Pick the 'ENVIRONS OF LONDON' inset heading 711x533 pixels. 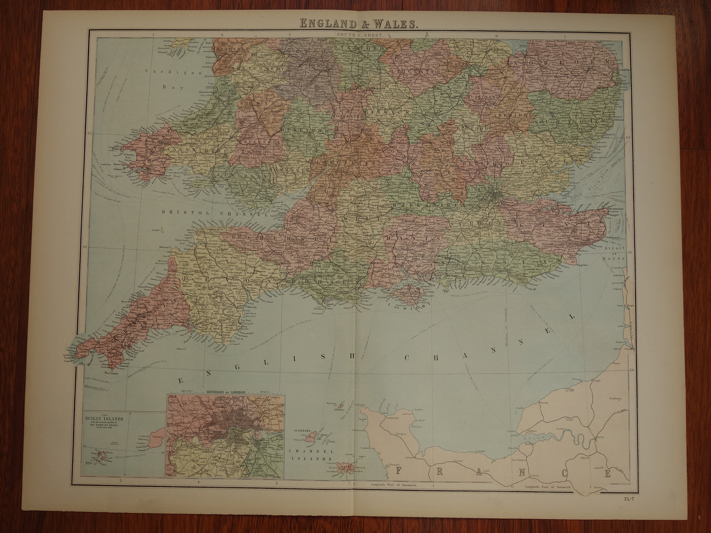click(x=225, y=392)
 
